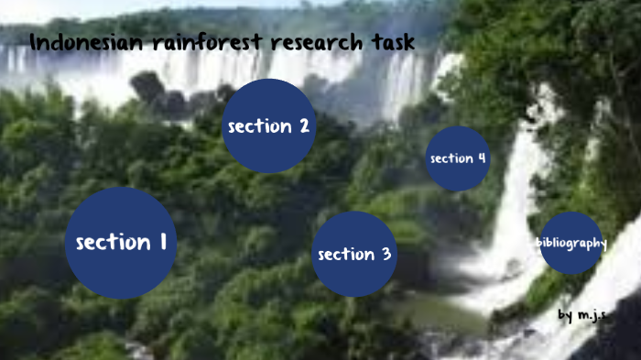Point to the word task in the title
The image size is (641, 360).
(x=391, y=42)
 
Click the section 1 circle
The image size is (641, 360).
(x=121, y=243)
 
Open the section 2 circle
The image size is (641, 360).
(x=269, y=126)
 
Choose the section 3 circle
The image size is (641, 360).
(x=355, y=254)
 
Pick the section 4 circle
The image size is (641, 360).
(x=458, y=158)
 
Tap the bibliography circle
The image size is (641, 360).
(x=571, y=243)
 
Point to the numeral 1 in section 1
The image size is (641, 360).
(x=162, y=242)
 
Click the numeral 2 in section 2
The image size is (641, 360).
(x=303, y=126)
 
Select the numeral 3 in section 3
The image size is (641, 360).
(x=386, y=254)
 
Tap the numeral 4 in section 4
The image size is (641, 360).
(x=481, y=158)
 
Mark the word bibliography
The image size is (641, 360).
(x=571, y=243)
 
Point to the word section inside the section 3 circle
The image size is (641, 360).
(x=344, y=254)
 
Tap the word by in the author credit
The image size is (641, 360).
(x=565, y=314)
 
